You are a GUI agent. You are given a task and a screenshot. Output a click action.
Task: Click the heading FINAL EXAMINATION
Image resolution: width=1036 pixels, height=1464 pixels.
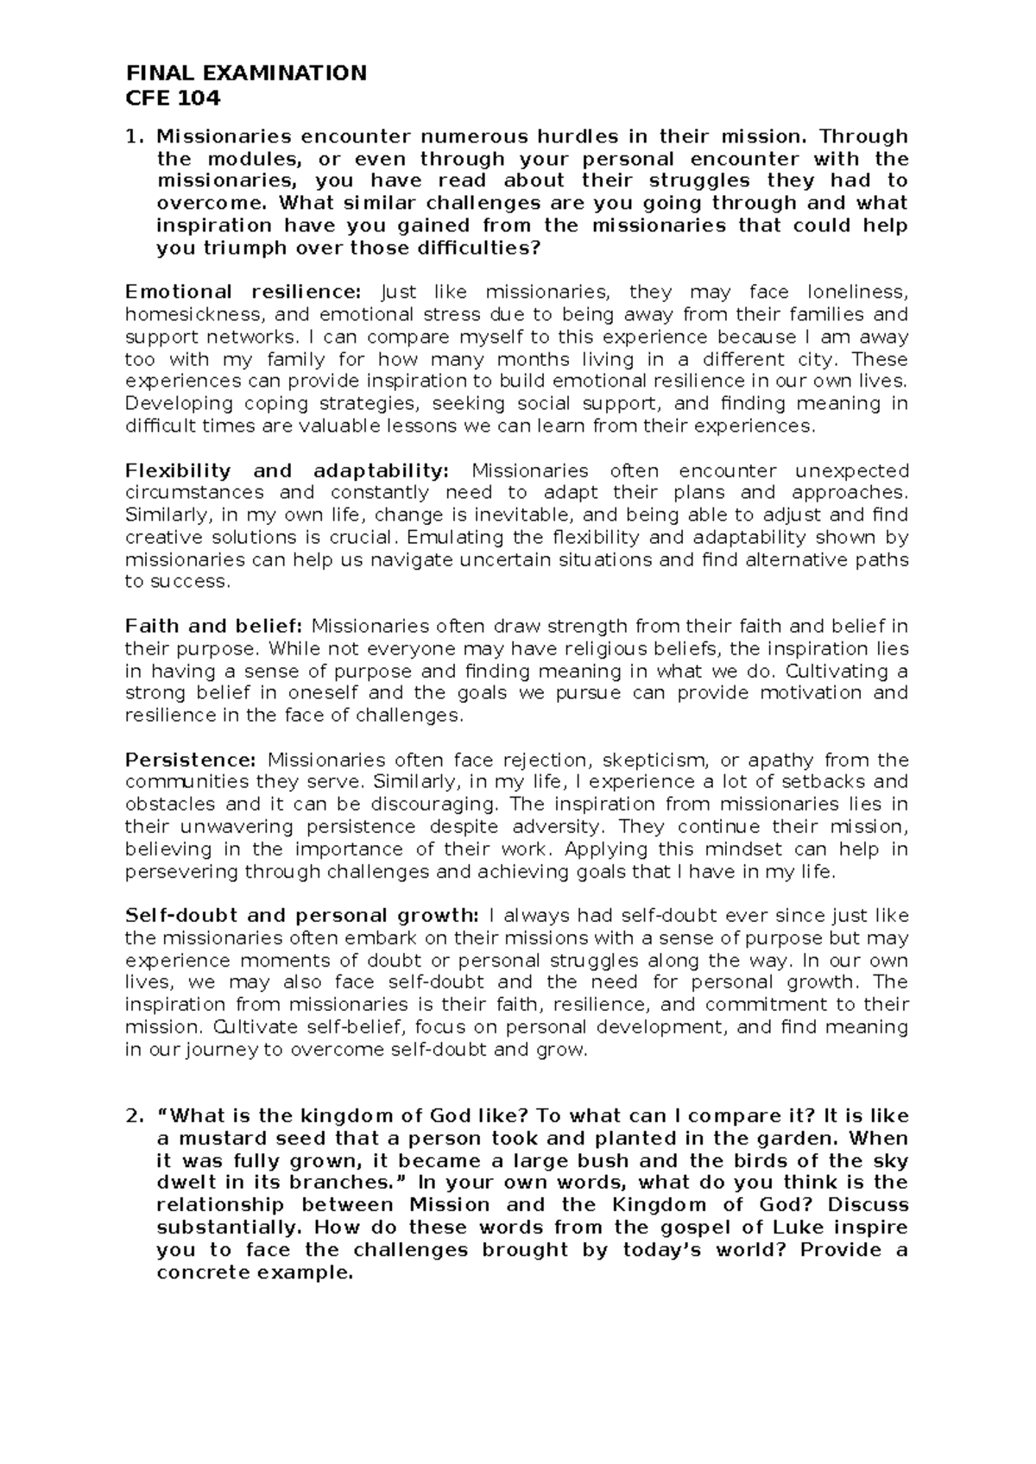(246, 73)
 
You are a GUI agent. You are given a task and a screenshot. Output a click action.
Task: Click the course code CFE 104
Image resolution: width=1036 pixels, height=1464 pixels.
(173, 98)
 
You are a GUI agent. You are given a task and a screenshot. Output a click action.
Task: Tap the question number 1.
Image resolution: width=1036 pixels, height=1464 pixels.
(132, 136)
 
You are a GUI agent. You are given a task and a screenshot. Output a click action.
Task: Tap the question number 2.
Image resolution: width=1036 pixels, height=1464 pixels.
(132, 1116)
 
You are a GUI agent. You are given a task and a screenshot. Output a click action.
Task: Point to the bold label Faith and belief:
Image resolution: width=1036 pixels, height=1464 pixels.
(214, 626)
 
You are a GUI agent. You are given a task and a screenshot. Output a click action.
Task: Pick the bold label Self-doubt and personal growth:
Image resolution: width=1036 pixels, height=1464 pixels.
(302, 915)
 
